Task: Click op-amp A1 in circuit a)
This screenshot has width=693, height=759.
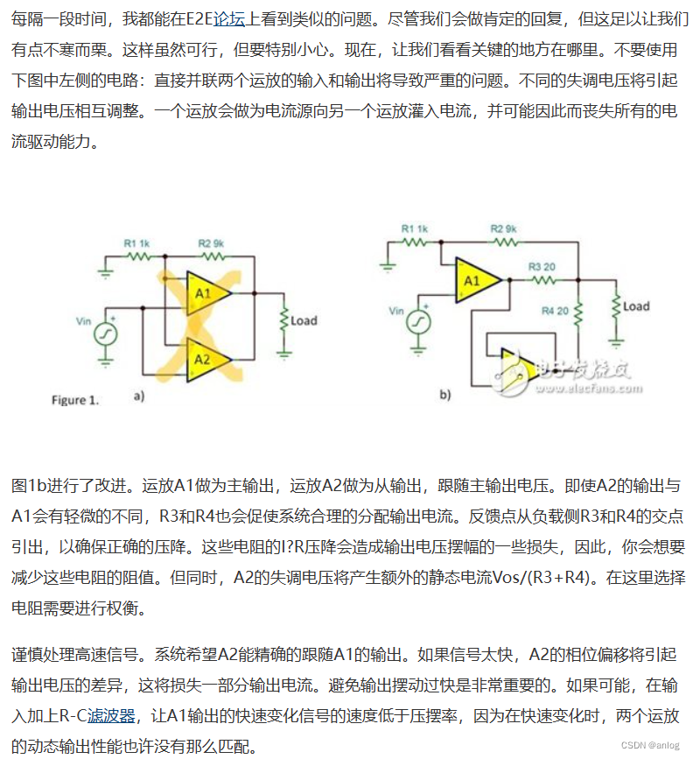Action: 204,294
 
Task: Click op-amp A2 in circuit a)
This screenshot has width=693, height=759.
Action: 204,359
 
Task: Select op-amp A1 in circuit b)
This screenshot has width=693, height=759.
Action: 472,280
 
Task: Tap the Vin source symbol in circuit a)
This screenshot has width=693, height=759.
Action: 107,334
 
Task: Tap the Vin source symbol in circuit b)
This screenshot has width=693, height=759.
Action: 416,322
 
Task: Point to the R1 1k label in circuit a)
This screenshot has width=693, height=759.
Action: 136,242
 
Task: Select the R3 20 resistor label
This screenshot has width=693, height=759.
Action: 542,266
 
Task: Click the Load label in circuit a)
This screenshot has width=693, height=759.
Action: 304,320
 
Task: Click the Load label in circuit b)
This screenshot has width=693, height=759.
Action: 636,306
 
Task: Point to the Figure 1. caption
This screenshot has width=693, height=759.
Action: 75,400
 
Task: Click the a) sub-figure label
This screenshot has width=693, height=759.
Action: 137,397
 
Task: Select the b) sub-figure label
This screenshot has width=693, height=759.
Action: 445,395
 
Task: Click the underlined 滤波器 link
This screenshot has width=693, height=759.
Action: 115,716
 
